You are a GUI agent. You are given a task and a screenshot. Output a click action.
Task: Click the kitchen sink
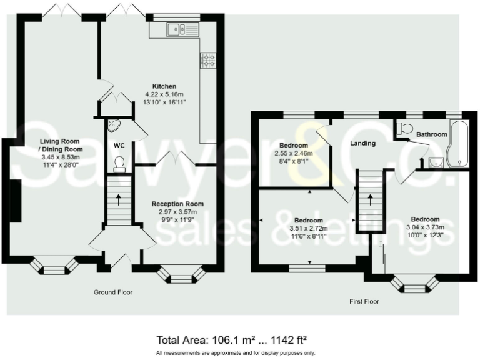(x=182, y=30)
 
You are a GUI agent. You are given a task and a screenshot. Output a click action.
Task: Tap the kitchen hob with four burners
(x=208, y=60)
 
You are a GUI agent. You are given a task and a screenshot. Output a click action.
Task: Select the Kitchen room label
(x=164, y=86)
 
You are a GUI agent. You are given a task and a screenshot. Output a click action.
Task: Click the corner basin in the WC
(x=114, y=125)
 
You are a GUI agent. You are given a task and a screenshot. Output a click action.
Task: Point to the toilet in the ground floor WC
(x=119, y=164)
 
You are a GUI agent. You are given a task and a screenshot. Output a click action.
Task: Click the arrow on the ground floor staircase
(x=119, y=199)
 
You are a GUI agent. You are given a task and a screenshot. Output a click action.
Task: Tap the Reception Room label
(x=178, y=204)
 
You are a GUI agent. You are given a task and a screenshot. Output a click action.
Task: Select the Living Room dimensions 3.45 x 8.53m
(x=61, y=157)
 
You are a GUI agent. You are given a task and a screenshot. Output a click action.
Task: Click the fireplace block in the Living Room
(x=16, y=201)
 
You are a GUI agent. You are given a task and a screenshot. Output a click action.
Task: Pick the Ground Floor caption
(x=113, y=292)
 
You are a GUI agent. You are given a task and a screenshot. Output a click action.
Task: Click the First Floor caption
(x=364, y=301)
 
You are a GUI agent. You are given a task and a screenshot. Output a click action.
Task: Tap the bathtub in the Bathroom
(x=457, y=143)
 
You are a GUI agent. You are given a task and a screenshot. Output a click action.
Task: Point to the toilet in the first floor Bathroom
(x=404, y=129)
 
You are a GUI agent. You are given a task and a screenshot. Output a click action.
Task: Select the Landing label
(x=362, y=143)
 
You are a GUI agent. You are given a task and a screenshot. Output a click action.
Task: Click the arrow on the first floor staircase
(x=371, y=199)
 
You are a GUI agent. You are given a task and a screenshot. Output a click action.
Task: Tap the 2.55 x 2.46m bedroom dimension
(x=294, y=153)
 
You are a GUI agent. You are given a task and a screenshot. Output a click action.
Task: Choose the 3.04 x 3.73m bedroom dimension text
(x=425, y=227)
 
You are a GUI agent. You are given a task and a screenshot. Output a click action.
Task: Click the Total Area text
(x=232, y=340)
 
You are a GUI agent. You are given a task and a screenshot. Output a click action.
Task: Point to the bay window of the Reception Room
(x=182, y=275)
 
